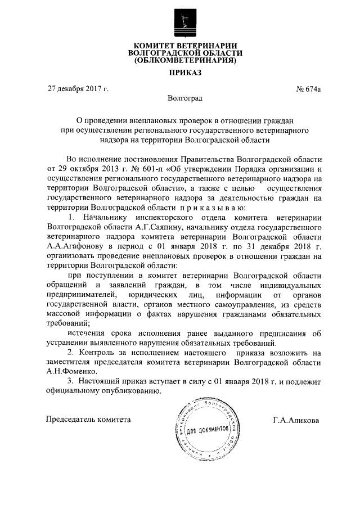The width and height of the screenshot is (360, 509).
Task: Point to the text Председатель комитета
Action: point(88,419)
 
